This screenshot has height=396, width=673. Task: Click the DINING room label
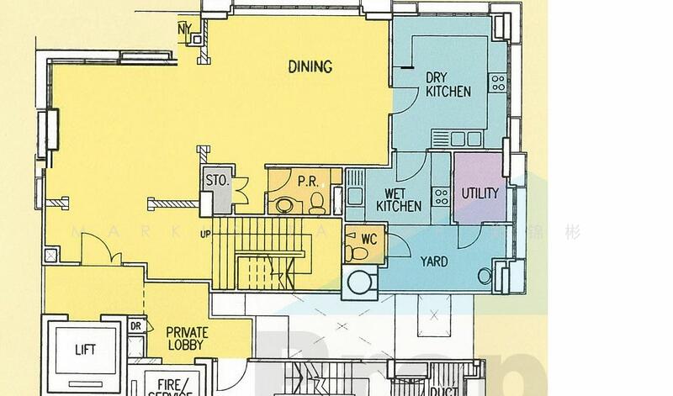310,67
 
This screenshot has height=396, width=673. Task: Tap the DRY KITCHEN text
448,84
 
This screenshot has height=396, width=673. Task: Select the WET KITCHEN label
398,199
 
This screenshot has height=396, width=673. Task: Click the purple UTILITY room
480,193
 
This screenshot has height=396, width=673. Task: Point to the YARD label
433,261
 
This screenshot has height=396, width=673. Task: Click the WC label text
368,239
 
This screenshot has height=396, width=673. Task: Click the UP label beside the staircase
204,234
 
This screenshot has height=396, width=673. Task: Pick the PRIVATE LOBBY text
187,338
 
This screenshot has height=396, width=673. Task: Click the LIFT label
85,349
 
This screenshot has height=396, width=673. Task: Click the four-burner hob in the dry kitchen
498,82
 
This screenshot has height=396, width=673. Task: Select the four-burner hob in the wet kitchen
440,196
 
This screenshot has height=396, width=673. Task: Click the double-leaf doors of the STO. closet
239,190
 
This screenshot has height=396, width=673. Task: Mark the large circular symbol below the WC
359,282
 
